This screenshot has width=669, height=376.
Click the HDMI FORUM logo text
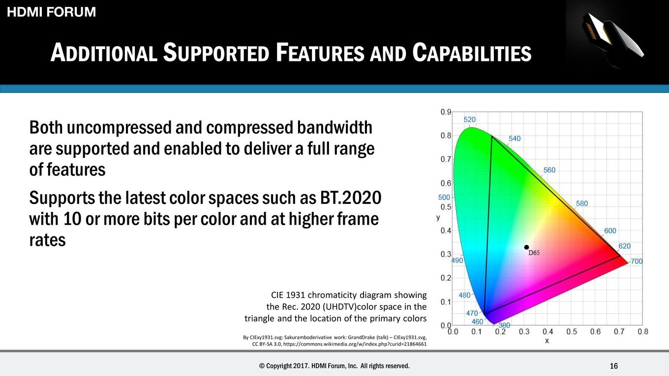coord(51,12)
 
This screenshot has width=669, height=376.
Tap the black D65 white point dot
coord(526,247)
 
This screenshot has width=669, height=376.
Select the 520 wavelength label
coord(469,119)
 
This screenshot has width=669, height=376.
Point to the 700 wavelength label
coord(637,261)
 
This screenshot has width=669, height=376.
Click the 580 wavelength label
coord(582,203)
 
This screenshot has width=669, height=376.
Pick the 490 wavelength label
coord(457,260)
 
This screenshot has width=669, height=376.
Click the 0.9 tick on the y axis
coord(446,112)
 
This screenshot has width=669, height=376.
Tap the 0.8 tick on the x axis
coord(643,332)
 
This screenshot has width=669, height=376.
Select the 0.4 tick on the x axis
coord(548,332)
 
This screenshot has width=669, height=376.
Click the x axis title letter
coord(547,341)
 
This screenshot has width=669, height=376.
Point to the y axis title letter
coord(438,218)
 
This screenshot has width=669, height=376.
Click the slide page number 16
coord(614,366)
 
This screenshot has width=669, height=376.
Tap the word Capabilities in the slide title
coord(472,53)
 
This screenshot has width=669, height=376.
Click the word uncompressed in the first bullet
coord(119,128)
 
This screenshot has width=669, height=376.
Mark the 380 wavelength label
coord(504,325)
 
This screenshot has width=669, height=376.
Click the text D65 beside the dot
coord(534,253)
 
